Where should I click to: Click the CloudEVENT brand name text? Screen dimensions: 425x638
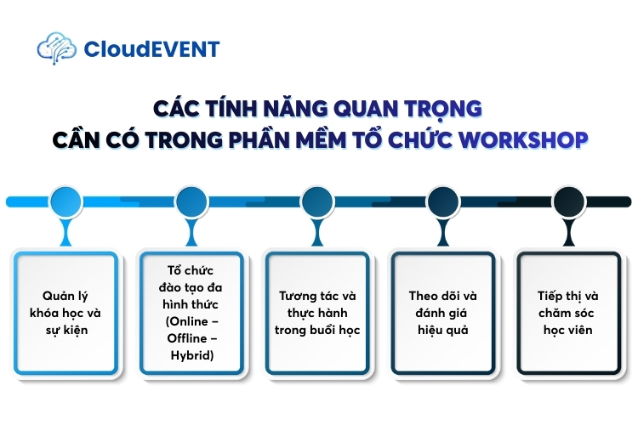coord(151,49)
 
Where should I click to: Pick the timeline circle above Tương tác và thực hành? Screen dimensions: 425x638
coord(318,201)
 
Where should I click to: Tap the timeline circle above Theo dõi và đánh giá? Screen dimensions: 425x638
coord(444,201)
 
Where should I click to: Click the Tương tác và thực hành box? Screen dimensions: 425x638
coord(318,312)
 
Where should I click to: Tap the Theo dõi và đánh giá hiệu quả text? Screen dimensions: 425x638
coord(444,312)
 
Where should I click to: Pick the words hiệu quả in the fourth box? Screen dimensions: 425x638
coord(444,330)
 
